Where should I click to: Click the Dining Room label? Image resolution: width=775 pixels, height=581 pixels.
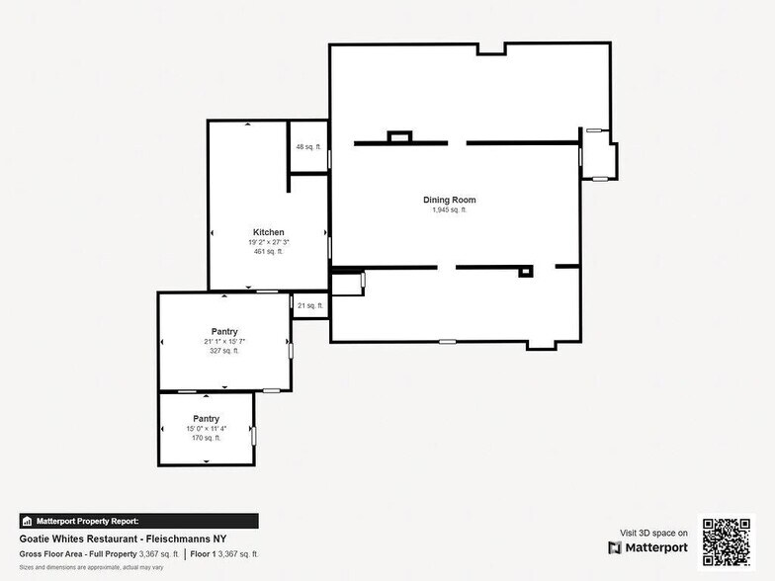[450, 200]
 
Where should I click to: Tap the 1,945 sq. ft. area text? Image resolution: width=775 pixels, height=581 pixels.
[450, 210]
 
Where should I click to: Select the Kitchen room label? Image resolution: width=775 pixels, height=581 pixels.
[268, 232]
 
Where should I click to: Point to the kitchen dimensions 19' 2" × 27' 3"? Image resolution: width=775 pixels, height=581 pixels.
[268, 242]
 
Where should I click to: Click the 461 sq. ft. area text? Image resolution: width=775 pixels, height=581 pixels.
[268, 252]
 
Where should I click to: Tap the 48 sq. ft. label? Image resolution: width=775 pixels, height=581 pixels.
[308, 147]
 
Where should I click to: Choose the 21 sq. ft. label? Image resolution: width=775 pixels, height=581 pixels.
[308, 306]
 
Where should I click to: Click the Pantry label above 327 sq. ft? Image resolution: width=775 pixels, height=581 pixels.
[224, 331]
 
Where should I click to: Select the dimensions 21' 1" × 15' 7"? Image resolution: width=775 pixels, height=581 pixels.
[224, 341]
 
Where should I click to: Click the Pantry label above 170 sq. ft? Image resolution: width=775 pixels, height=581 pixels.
[206, 418]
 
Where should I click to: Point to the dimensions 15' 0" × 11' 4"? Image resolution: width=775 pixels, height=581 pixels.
[206, 428]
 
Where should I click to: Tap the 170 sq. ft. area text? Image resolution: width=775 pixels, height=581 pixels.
[206, 438]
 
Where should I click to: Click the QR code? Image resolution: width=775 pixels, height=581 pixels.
[727, 541]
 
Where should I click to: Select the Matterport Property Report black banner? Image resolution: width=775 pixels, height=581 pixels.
[138, 521]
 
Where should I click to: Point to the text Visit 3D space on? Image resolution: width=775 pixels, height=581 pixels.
[653, 533]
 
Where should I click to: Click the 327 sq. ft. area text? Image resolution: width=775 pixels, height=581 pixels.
[224, 351]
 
